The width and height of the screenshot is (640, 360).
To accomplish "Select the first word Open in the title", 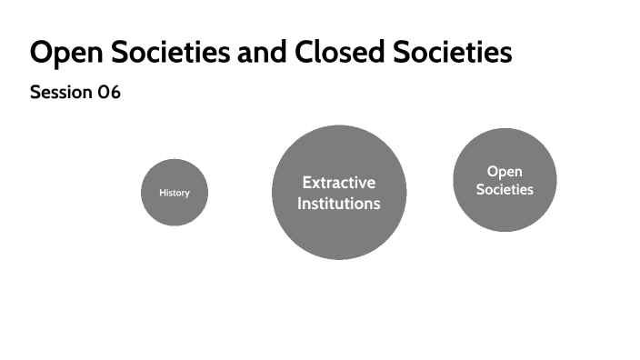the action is click(61, 53).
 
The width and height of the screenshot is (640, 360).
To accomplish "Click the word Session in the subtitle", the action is click(61, 93).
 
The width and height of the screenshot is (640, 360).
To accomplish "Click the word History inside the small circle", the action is click(175, 193).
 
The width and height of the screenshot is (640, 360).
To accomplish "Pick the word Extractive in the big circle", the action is click(339, 183).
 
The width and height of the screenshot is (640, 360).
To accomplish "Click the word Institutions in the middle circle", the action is click(339, 204).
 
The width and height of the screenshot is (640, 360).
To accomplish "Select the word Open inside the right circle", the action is click(505, 171).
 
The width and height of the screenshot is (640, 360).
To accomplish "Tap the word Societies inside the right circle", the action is click(505, 190).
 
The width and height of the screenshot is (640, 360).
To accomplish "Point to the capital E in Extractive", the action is click(306, 183).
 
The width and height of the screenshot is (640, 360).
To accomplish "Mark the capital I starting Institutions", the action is click(299, 204).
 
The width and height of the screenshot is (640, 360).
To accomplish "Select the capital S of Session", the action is click(35, 93).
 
